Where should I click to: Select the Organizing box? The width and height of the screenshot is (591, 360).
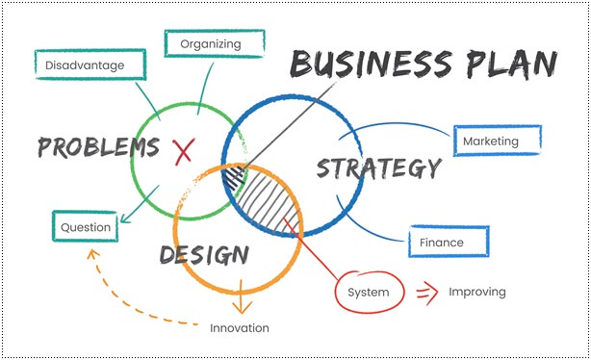[x=211, y=43]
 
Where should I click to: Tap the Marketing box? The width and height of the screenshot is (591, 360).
[x=496, y=141]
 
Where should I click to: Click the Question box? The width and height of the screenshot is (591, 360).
[x=86, y=227]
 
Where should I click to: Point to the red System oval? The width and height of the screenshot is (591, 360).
[x=369, y=292]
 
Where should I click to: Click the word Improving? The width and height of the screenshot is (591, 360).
[x=476, y=292]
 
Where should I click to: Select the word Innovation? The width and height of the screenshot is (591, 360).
[x=240, y=328]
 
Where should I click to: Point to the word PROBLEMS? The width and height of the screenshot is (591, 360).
[x=98, y=147]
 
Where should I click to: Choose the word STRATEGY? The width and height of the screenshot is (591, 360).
[x=378, y=168]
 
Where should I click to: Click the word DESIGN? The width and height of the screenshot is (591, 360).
[x=204, y=255]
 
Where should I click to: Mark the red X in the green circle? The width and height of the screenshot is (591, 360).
[x=184, y=149]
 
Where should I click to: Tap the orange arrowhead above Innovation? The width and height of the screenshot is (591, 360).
[x=241, y=308]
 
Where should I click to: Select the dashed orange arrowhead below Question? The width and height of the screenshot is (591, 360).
[x=93, y=254]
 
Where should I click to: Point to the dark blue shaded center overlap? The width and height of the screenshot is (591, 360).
[x=234, y=178]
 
